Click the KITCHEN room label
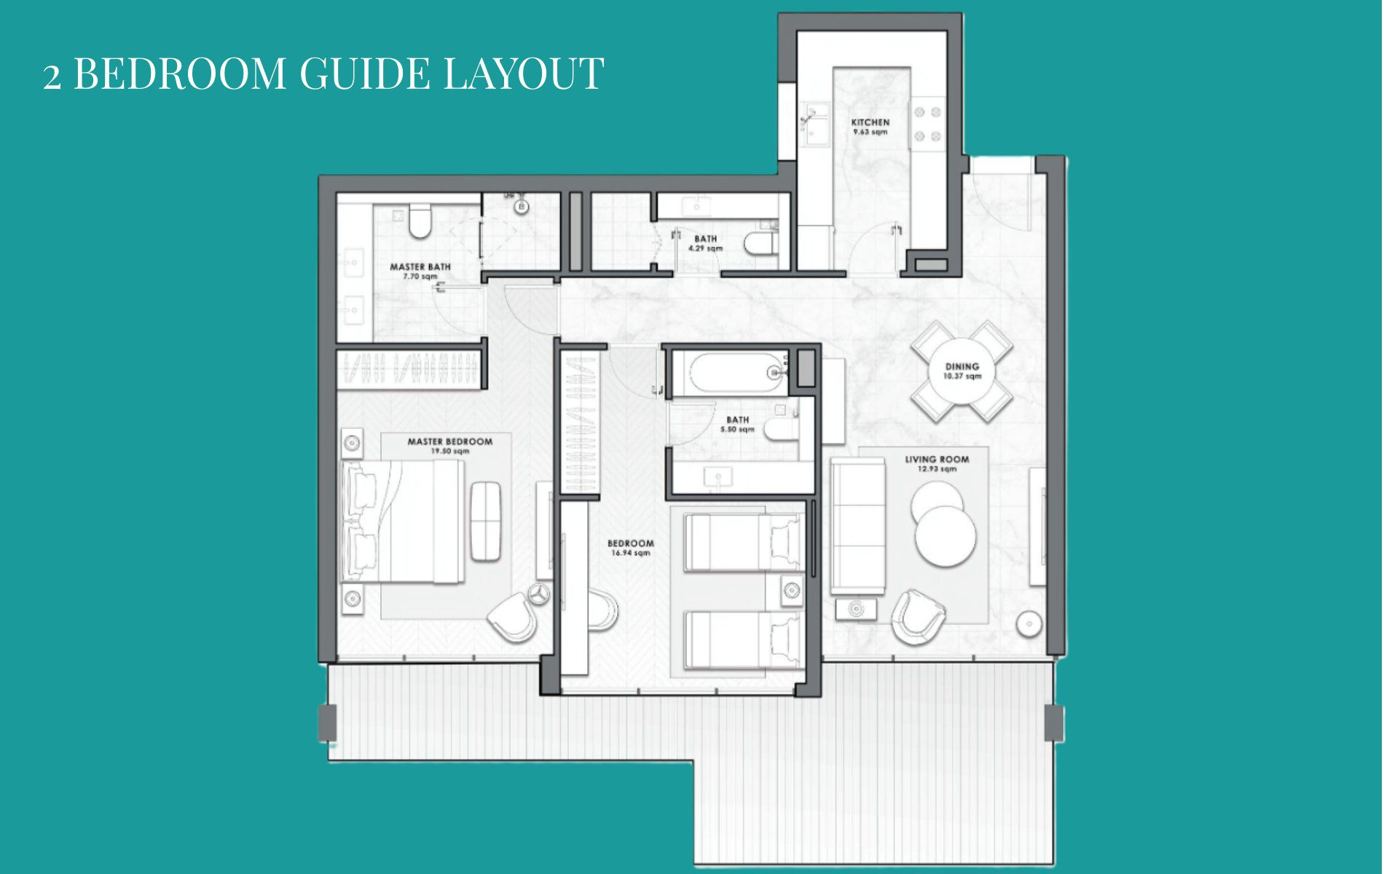coord(870,122)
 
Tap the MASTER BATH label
coord(420,267)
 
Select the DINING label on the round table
coord(962,366)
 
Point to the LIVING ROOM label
coord(937,459)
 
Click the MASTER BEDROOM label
coord(449,441)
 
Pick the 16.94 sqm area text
coord(630,553)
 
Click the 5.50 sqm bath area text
coord(737,430)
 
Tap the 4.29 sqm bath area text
coord(705,248)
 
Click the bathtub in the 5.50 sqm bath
coord(736,374)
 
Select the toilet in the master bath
coord(419,221)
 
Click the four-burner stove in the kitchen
coord(927,123)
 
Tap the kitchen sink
coord(815,125)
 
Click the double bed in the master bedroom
coord(403,522)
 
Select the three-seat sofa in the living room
coord(858,527)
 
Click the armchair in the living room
coord(919,617)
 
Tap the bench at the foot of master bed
coord(485,521)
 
